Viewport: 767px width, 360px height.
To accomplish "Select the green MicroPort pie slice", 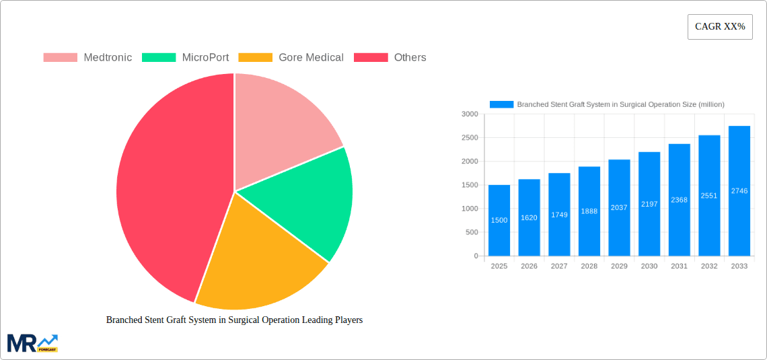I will pos(309,202).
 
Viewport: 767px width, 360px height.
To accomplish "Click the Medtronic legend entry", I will pos(87,58).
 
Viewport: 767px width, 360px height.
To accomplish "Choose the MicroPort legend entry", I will pos(185,58).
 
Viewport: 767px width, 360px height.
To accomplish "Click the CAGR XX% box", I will pos(720,27).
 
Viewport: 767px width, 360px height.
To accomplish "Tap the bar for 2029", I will pos(619,208).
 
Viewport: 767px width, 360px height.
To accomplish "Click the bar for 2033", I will pos(739,191).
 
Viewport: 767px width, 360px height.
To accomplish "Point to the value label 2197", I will pos(649,204).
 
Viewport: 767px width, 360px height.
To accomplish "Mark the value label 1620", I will pos(529,217).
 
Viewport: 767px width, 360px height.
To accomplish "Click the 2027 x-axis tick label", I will pos(559,266).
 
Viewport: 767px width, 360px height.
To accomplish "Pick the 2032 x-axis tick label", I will pos(709,266).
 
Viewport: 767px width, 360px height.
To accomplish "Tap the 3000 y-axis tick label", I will pos(469,114).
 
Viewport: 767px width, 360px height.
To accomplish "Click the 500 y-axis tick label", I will pos(471,232).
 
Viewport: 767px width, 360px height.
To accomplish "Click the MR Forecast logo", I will pos(32,343).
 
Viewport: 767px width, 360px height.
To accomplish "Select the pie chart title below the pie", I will pos(234,320).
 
